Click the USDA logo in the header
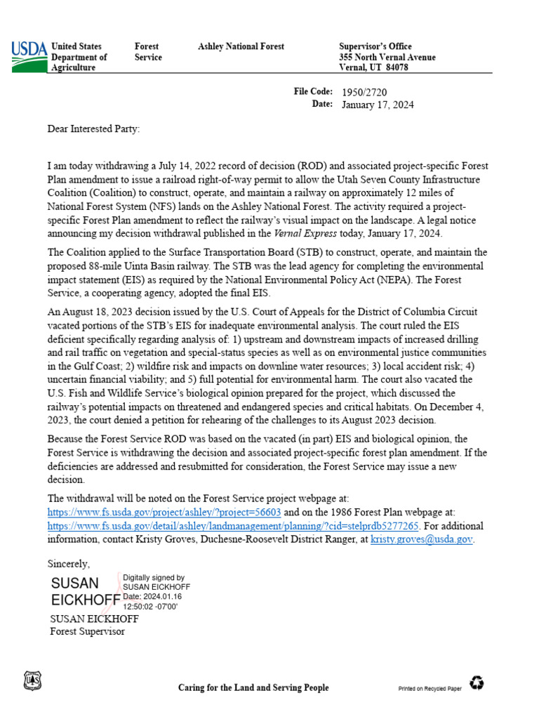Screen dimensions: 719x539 [x=29, y=56]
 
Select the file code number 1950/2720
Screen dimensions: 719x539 [x=364, y=92]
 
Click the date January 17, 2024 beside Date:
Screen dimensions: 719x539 [x=377, y=105]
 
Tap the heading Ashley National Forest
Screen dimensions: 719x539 [x=241, y=46]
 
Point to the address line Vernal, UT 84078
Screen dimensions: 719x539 [x=373, y=67]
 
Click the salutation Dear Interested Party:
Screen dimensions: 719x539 [x=93, y=128]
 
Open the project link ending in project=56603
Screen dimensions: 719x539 [x=164, y=512]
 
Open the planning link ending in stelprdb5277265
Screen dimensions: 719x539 [x=233, y=525]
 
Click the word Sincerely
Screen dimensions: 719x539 [x=68, y=563]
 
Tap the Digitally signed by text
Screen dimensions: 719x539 [x=154, y=577]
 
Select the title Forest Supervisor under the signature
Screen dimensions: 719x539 [x=87, y=631]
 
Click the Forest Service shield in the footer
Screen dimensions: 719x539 [x=32, y=680]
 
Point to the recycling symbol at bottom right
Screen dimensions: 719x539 [x=477, y=682]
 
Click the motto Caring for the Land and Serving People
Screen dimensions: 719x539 [x=253, y=687]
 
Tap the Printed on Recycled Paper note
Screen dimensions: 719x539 [x=430, y=689]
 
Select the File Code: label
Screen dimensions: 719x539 [x=312, y=92]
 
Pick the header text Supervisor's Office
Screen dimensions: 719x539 [x=375, y=46]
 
